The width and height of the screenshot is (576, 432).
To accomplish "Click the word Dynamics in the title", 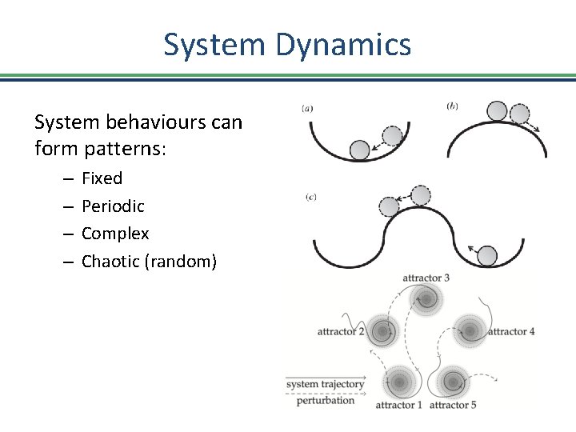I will [x=344, y=45].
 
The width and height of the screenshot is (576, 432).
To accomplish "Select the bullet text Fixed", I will [x=102, y=178].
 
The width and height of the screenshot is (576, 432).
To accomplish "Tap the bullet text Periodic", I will [x=113, y=206].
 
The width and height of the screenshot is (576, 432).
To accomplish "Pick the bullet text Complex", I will [x=115, y=234].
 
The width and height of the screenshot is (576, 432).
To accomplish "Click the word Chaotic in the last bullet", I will [x=110, y=262].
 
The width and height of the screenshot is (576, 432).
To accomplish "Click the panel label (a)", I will [x=307, y=109].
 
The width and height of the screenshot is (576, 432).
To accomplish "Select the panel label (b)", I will [x=452, y=105].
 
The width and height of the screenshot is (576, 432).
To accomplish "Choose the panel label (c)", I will [x=310, y=197].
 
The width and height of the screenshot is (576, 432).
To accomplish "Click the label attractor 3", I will [x=426, y=278].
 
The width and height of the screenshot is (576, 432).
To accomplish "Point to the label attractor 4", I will [x=511, y=331].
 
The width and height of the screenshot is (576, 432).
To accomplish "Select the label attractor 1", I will [x=399, y=405].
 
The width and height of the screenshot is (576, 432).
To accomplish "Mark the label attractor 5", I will [x=453, y=405].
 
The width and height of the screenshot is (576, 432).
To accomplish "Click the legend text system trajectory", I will [x=325, y=385].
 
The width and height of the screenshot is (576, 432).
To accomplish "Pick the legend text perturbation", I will [x=325, y=400].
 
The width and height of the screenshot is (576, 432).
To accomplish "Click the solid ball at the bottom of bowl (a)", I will [x=360, y=149].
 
